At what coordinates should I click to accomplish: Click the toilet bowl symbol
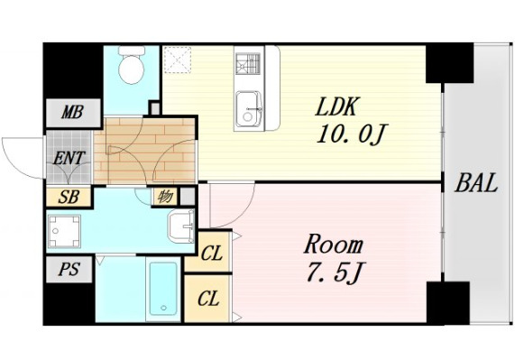click(132, 66)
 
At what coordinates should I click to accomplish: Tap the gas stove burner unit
click(248, 64)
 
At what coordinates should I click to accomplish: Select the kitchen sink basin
click(249, 109)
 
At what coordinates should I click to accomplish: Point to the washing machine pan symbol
click(64, 232)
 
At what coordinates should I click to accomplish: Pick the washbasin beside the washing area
click(181, 226)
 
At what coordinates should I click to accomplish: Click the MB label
click(72, 113)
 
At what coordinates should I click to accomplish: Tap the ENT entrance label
click(69, 158)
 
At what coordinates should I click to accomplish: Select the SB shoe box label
click(69, 197)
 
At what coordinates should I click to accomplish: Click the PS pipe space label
click(69, 270)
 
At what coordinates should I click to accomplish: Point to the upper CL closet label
click(212, 253)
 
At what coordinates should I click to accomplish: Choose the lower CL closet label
click(208, 299)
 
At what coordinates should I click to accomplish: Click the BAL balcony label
click(476, 183)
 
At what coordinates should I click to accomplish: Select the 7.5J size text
click(336, 272)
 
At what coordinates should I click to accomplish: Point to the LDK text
click(336, 106)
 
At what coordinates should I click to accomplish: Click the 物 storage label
click(165, 197)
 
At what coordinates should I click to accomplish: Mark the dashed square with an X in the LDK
click(178, 60)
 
